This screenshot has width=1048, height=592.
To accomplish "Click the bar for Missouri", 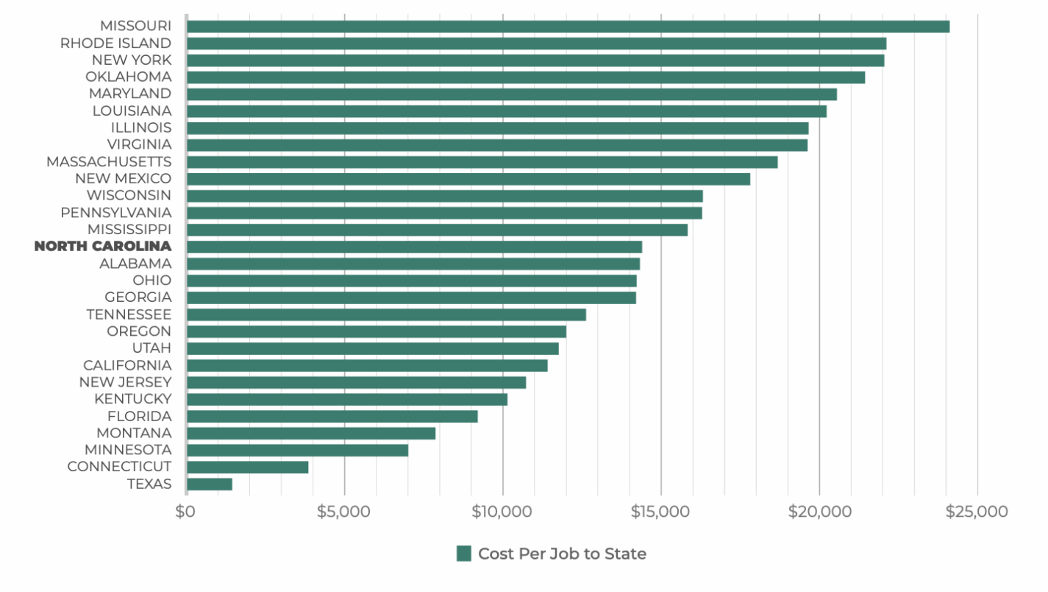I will [568, 27].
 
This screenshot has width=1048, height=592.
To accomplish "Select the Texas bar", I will [210, 484].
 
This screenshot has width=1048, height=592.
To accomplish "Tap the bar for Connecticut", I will [248, 467].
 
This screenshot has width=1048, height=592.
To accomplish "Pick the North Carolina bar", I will [414, 247].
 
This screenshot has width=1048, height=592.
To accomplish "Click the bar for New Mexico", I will [468, 179].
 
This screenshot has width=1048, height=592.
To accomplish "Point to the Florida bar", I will [332, 416].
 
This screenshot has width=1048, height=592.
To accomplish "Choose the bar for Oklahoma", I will [526, 77].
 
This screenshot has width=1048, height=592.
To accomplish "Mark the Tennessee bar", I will [386, 314].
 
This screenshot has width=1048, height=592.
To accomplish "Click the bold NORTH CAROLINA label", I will [103, 247].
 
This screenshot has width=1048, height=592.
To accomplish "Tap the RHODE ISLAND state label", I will [116, 43].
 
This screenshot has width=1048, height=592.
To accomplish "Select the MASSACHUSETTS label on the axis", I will [109, 161].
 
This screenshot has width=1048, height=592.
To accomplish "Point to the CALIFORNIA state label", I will [127, 365].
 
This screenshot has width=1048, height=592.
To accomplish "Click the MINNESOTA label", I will [128, 450].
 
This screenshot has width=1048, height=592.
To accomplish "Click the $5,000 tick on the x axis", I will [343, 512].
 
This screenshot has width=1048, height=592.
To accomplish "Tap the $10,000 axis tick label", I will [502, 512].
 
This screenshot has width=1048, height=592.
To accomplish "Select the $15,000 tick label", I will [660, 512].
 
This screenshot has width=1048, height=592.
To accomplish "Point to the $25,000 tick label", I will [977, 512].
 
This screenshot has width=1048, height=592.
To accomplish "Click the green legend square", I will [463, 554].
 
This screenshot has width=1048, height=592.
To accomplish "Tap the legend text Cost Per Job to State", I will [562, 554].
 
